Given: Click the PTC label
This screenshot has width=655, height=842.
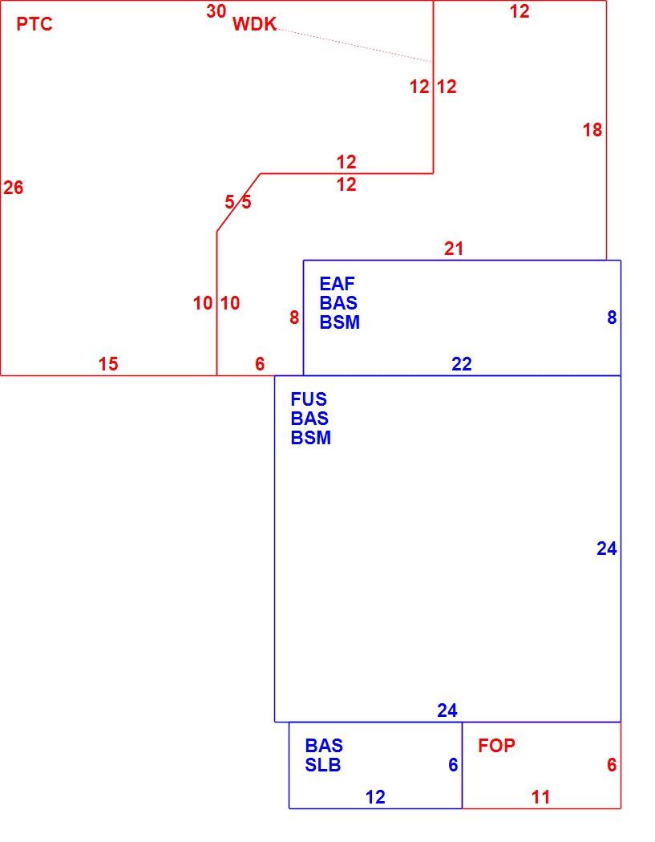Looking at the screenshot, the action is (34, 24).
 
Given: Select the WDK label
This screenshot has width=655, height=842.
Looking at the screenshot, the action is (254, 24).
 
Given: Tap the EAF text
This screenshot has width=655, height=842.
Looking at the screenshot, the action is (338, 284).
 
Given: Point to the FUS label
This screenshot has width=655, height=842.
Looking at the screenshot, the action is (309, 399).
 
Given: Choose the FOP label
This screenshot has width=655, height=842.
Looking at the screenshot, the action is (496, 745).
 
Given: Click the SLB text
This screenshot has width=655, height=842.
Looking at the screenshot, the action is (323, 765).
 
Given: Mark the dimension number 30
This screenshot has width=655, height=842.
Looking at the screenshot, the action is (216, 10).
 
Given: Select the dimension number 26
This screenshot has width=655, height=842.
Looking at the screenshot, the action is (14, 188).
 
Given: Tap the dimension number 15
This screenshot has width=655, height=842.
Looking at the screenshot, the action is (108, 364).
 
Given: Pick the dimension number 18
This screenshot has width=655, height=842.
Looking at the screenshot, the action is (592, 130).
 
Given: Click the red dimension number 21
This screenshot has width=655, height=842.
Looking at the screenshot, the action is (454, 249).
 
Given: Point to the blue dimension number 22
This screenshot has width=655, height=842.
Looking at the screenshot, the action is (462, 364).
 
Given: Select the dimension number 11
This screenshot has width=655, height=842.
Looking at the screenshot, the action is (540, 797).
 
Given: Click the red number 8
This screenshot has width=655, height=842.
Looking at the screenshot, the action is (294, 318).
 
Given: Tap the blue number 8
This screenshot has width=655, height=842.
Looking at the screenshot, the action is (612, 318).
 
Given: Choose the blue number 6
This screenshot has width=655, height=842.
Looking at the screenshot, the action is (453, 765).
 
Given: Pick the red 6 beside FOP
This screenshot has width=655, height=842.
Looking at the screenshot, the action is (612, 765).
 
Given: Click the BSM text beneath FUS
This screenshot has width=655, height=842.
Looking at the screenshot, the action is (311, 438).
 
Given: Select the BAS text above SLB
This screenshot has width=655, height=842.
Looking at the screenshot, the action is (324, 745).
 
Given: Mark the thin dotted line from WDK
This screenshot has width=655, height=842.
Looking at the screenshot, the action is (355, 46).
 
